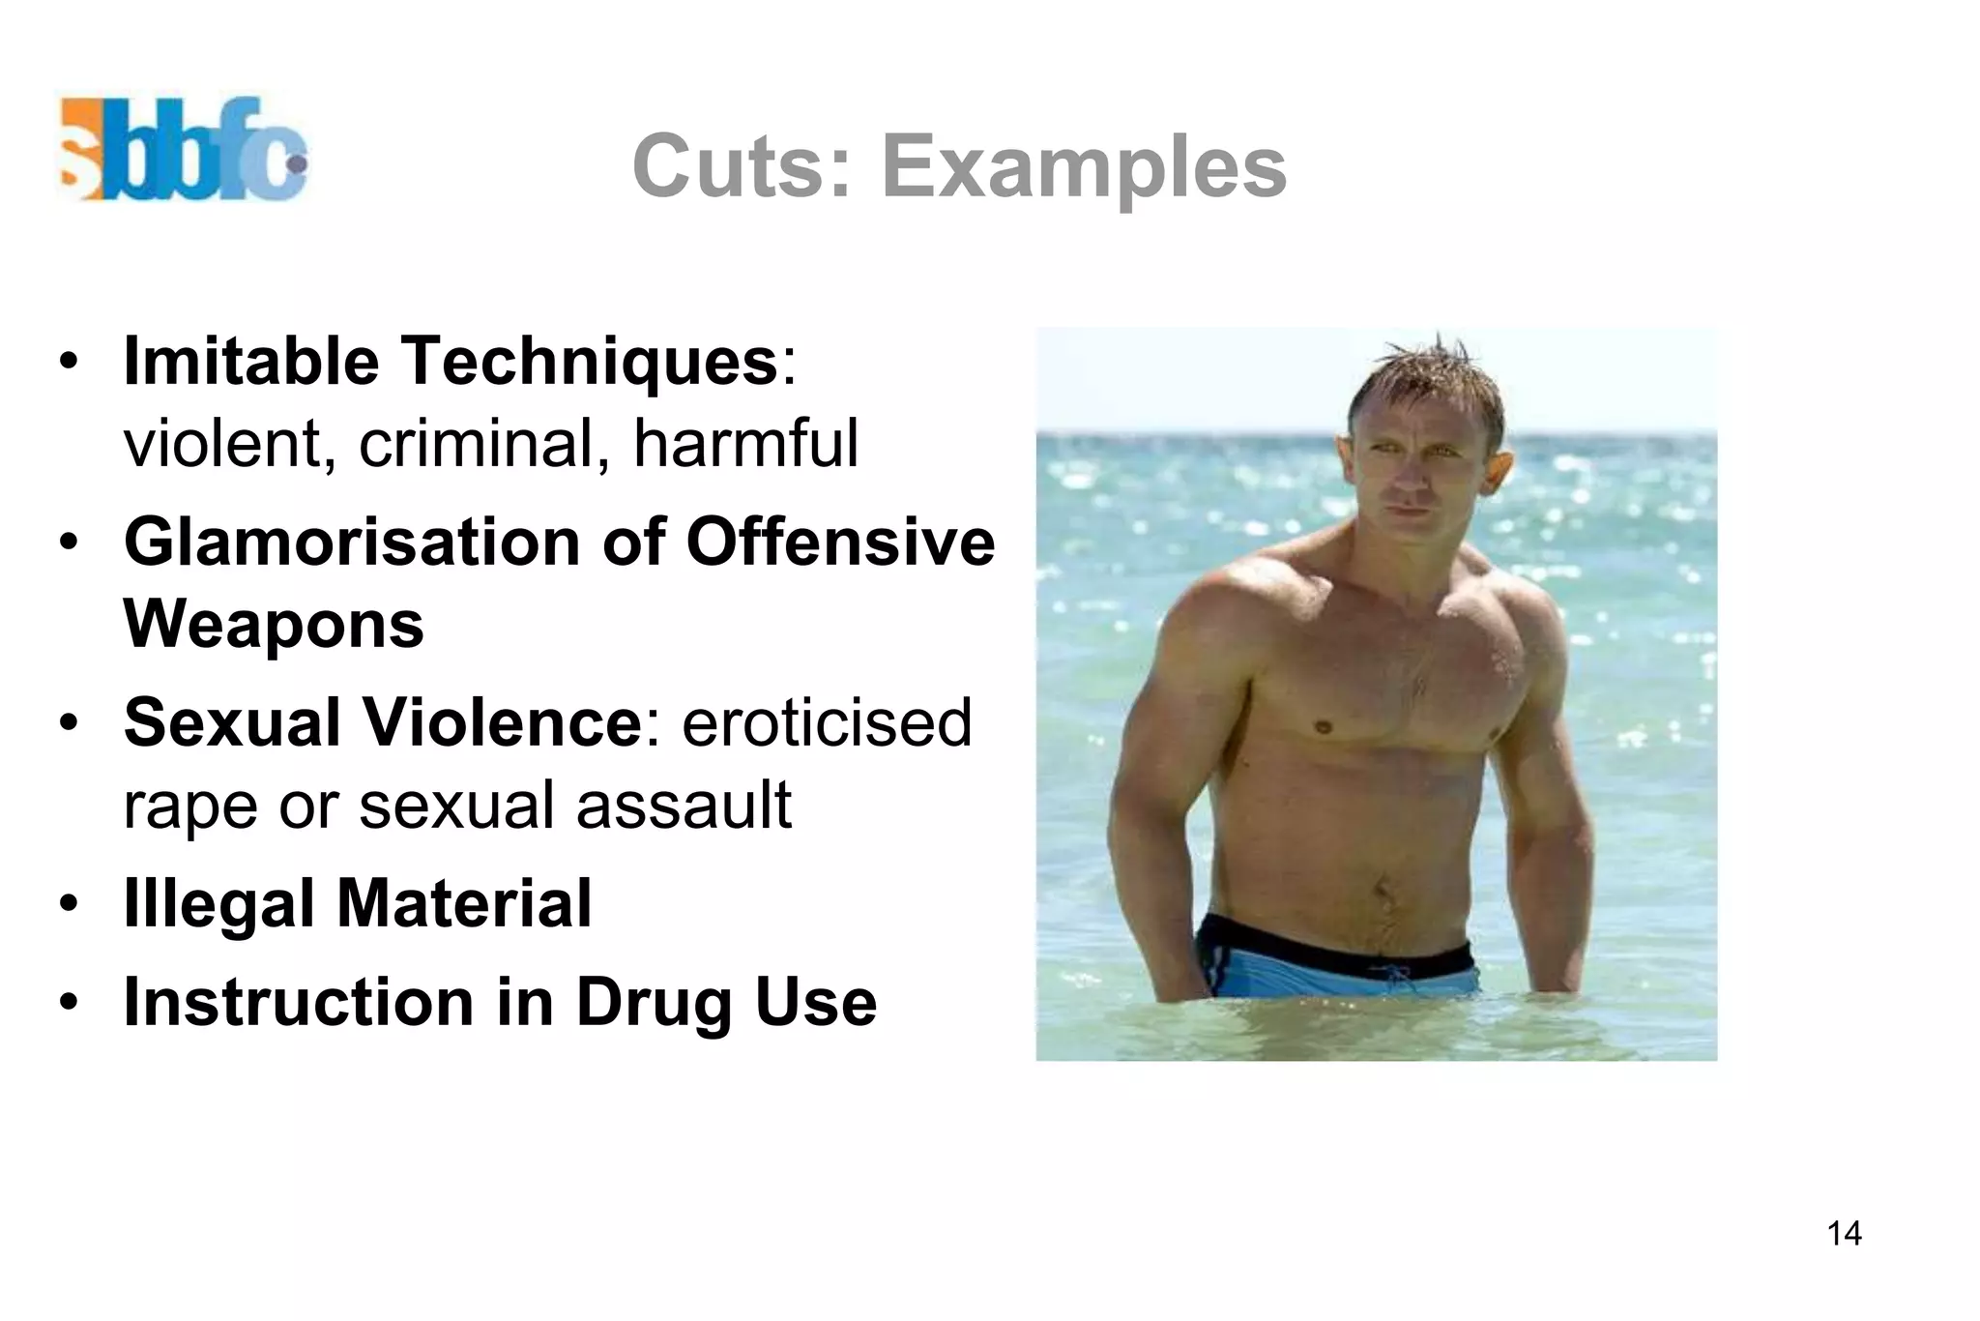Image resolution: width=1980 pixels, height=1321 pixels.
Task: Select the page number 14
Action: point(1844,1233)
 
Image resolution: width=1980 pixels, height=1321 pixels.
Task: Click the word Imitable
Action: point(251,361)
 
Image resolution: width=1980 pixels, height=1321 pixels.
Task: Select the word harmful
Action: point(745,444)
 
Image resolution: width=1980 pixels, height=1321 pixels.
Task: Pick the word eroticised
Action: point(827,722)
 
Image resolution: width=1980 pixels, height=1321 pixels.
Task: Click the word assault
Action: point(684,806)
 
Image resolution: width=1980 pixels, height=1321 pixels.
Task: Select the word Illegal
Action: point(218,904)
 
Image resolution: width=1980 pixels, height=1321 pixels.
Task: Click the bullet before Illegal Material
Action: point(68,904)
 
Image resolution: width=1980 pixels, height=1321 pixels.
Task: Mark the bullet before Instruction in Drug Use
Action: point(68,1003)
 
